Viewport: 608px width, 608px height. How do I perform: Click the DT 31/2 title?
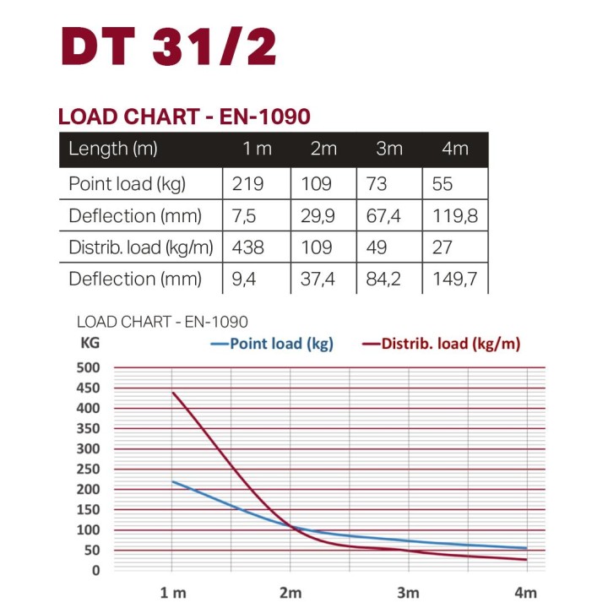(x=169, y=48)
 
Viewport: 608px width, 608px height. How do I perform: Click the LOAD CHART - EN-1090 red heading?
(x=184, y=117)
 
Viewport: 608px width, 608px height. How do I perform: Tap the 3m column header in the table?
(x=389, y=149)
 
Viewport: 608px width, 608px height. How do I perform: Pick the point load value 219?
(x=247, y=183)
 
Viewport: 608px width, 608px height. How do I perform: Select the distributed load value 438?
(x=247, y=247)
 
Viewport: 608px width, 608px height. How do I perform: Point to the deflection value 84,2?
(x=388, y=280)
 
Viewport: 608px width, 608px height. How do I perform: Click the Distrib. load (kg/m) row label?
(x=139, y=247)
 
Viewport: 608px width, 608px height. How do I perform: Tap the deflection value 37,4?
(x=318, y=280)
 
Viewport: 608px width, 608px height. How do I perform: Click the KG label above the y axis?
(x=90, y=344)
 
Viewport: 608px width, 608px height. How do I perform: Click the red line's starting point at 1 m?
(x=173, y=392)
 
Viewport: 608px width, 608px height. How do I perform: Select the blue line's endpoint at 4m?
(x=527, y=548)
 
